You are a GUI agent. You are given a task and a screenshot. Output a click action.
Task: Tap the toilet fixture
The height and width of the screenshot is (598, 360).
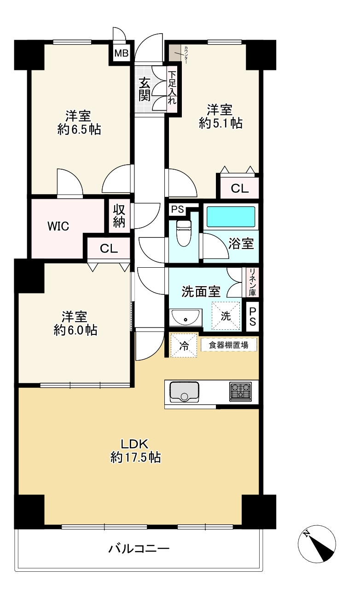(184, 232)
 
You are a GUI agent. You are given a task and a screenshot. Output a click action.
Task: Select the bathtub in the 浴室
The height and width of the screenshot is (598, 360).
(230, 216)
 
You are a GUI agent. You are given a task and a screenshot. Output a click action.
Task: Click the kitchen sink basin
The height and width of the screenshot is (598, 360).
(184, 392)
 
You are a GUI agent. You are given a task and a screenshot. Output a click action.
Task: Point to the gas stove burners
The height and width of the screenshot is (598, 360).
(240, 391)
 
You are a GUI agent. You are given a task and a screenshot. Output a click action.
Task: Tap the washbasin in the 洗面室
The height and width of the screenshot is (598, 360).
(186, 318)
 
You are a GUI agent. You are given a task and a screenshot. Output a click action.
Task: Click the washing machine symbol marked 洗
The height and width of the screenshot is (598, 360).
(226, 316)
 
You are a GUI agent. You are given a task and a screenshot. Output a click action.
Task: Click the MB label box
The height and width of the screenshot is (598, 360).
(122, 53)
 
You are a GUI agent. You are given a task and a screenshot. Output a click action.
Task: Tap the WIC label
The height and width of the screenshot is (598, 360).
(58, 226)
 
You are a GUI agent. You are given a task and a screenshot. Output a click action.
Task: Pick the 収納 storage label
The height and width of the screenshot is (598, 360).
(119, 215)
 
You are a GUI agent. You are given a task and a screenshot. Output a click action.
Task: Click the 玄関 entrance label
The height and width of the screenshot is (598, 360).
(145, 89)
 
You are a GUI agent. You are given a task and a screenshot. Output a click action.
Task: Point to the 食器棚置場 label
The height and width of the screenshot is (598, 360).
(229, 345)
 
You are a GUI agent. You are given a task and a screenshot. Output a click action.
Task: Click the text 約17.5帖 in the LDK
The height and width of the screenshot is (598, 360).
(135, 457)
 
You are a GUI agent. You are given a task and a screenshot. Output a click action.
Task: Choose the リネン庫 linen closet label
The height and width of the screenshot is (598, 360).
(252, 282)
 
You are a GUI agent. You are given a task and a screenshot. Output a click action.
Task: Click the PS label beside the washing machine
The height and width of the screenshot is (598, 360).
(252, 317)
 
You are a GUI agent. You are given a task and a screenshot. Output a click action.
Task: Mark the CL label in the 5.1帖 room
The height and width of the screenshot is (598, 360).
(239, 188)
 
